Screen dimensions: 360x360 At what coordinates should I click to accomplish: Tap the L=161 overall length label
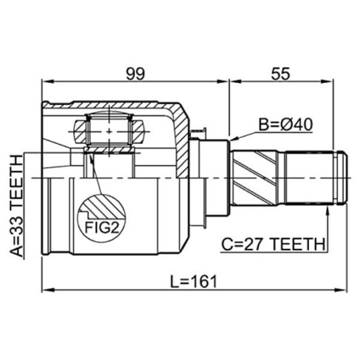[x=193, y=281]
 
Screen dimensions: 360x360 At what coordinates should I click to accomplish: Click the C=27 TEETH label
[x=273, y=244]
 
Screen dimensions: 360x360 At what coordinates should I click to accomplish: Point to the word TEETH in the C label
[x=298, y=244]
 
